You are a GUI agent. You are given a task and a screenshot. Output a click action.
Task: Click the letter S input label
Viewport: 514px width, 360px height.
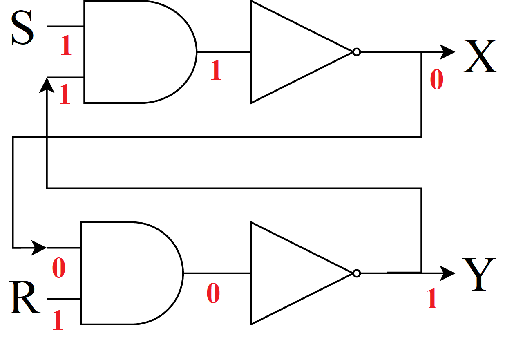tap(22, 28)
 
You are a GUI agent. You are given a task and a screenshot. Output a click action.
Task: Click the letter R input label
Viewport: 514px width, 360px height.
tap(25, 298)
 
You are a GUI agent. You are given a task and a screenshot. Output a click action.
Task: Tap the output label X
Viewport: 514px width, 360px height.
tap(480, 56)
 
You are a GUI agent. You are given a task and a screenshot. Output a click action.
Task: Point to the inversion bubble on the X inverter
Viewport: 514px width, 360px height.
tap(357, 52)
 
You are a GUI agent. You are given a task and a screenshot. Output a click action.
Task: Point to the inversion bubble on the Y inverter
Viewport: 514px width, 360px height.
tap(357, 273)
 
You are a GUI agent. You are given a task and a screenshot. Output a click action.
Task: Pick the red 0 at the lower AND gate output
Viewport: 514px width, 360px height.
tap(213, 293)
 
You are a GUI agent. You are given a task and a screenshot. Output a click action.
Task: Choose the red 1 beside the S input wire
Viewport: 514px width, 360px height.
tap(65, 46)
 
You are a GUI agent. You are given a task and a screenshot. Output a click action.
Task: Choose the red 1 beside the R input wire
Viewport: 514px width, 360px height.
tap(58, 320)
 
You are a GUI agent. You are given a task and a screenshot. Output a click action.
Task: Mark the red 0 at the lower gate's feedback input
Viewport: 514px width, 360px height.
tap(58, 268)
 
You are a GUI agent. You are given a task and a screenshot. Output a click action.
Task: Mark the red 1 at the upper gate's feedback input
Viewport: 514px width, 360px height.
tap(65, 96)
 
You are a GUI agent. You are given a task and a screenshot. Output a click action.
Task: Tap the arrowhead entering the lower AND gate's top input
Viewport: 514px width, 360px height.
tap(40, 247)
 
